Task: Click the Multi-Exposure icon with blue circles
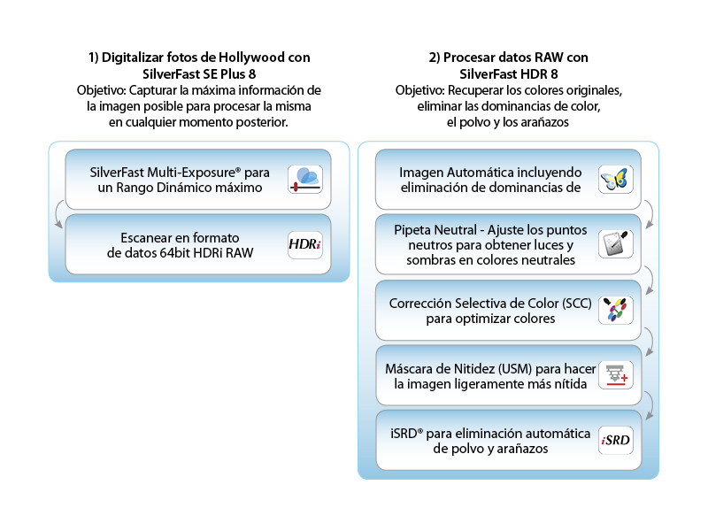(305, 179)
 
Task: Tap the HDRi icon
(305, 245)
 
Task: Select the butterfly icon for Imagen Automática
(615, 179)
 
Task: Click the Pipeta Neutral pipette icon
(615, 243)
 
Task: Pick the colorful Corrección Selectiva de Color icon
(615, 310)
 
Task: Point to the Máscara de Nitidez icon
(615, 375)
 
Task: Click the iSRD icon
(615, 441)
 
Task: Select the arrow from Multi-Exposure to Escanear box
(58, 213)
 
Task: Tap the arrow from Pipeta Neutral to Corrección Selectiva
(649, 277)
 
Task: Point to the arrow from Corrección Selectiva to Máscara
(649, 342)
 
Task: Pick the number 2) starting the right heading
(435, 58)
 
